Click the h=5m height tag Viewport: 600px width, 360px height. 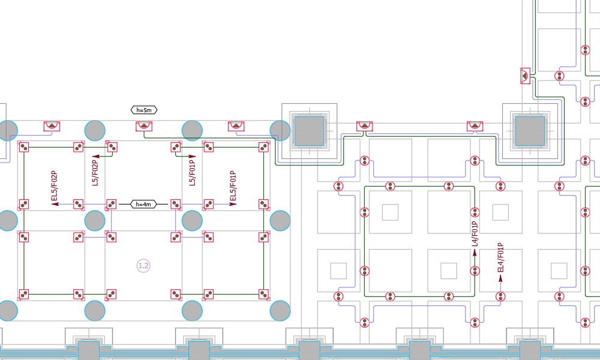pyautogui.click(x=145, y=110)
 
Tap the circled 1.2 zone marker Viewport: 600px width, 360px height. pyautogui.click(x=143, y=265)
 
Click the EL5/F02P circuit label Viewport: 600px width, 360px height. pyautogui.click(x=54, y=187)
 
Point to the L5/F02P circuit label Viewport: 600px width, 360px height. pyautogui.click(x=95, y=172)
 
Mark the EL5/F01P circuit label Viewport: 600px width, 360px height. pyautogui.click(x=233, y=187)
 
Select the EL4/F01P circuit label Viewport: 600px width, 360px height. pyautogui.click(x=500, y=258)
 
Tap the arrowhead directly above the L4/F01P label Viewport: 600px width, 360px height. pyautogui.click(x=475, y=253)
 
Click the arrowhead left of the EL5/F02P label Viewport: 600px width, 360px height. pyautogui.click(x=55, y=204)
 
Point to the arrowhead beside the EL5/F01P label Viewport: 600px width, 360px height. pyautogui.click(x=232, y=204)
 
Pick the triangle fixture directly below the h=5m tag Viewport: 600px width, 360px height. pyautogui.click(x=143, y=126)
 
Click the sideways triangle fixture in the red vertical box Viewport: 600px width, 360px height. pyautogui.click(x=525, y=76)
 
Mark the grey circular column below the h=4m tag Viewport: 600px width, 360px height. pyautogui.click(x=95, y=221)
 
